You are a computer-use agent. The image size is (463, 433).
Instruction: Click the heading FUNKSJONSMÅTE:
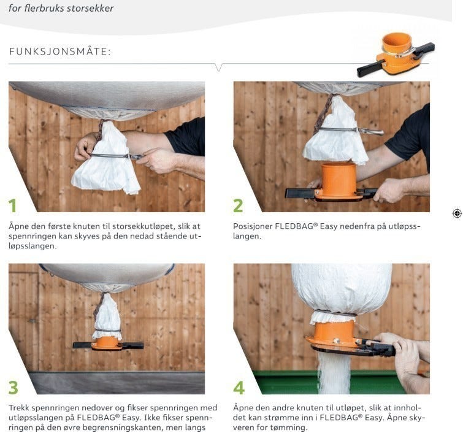60,52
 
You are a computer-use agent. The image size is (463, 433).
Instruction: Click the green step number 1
12,205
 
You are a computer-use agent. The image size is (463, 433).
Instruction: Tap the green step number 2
238,205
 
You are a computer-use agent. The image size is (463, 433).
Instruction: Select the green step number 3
13,387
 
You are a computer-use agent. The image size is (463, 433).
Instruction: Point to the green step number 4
239,387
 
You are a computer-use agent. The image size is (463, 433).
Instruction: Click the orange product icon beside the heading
396,55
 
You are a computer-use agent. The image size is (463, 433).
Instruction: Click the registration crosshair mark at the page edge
457,213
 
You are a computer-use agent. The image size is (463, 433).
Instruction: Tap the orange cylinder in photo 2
339,178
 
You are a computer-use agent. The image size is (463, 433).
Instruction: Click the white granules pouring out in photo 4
334,374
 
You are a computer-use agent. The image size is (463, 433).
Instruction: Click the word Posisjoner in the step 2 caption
253,226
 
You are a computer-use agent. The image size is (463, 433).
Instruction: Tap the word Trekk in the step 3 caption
19,408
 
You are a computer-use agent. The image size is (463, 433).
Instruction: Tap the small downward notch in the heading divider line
218,67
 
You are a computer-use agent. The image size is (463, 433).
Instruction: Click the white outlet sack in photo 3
107,318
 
